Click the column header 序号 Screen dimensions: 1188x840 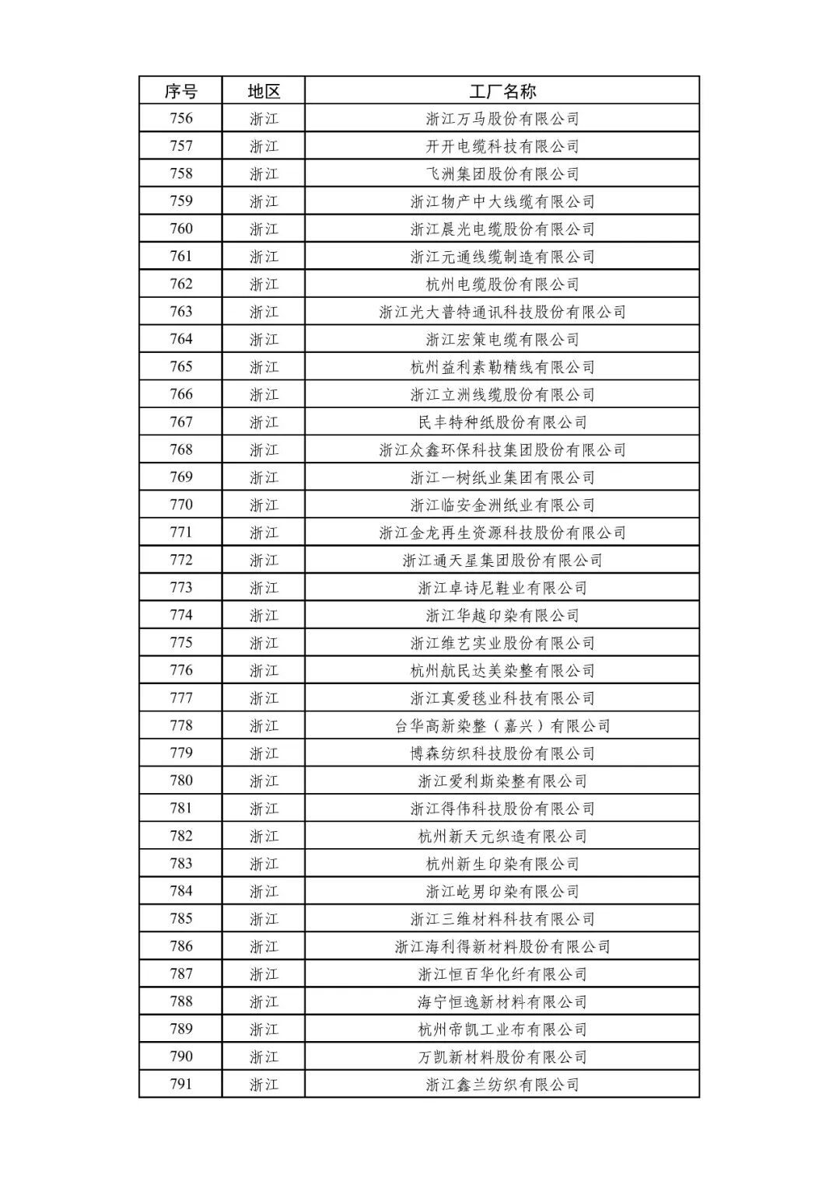point(180,91)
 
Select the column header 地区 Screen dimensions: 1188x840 point(264,91)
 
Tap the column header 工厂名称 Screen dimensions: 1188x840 point(502,91)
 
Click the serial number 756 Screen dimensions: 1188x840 point(180,119)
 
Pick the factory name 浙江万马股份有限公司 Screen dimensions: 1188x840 point(502,119)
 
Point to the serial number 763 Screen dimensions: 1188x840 point(180,312)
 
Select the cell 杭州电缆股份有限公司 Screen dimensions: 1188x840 point(502,285)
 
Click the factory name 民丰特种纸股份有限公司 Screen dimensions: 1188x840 point(502,422)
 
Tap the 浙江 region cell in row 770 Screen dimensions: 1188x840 point(264,505)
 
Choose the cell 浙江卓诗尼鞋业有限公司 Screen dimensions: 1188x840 point(502,588)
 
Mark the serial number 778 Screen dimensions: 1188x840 point(180,726)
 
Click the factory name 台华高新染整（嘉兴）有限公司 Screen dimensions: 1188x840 point(502,726)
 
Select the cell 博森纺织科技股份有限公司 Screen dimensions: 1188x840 point(502,753)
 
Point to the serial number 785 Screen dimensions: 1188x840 point(180,919)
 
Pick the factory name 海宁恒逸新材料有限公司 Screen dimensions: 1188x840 point(502,1001)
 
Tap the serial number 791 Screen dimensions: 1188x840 point(180,1085)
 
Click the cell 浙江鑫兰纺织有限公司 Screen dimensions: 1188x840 point(502,1085)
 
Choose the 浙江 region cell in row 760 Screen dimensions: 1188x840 point(264,229)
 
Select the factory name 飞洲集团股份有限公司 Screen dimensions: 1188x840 point(502,174)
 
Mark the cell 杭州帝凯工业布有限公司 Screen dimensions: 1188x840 point(502,1029)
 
